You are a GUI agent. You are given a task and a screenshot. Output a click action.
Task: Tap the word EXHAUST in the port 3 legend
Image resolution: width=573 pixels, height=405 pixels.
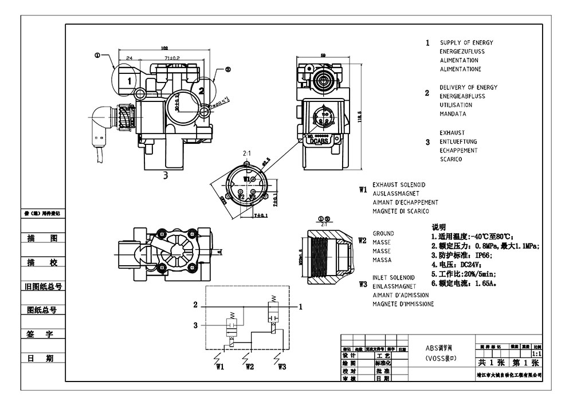click(452, 132)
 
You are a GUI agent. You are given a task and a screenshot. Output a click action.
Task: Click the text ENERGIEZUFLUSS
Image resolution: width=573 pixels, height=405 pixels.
click(462, 52)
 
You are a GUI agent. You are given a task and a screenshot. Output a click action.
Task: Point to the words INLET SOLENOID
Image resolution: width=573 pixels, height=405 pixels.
click(393, 277)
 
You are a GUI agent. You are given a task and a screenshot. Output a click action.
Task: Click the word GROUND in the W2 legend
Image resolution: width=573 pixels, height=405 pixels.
click(383, 234)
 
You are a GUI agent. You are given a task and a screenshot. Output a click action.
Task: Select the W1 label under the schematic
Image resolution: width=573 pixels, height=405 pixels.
click(219, 366)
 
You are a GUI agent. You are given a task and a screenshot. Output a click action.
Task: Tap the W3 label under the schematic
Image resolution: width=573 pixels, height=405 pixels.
click(281, 366)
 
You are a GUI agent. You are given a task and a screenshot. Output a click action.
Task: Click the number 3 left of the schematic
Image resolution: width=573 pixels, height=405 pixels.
click(195, 325)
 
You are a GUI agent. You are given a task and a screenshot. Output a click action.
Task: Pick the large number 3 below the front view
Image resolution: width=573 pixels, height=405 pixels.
click(165, 175)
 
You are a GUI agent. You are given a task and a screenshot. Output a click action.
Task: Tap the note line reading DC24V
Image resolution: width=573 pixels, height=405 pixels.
click(453, 265)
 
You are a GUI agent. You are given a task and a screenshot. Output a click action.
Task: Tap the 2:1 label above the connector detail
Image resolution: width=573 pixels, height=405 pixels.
click(248, 154)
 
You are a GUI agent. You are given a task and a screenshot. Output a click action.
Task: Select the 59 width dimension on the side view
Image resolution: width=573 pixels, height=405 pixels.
click(323, 56)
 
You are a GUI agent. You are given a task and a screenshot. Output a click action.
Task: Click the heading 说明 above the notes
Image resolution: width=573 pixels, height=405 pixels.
click(438, 227)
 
